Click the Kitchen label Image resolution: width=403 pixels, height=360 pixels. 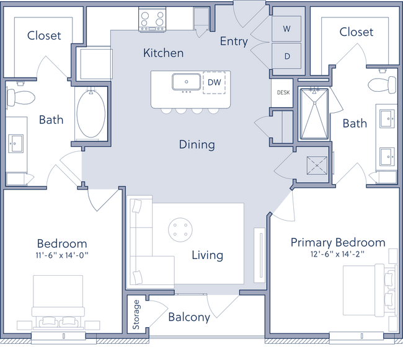[x=163, y=53]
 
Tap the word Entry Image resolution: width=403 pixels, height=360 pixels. [x=234, y=42]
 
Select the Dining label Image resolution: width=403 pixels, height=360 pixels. [x=197, y=144]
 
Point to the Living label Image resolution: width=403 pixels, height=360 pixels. [x=207, y=255]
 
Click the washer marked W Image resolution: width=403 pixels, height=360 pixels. [x=286, y=29]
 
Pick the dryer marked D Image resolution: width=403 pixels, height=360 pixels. [x=286, y=56]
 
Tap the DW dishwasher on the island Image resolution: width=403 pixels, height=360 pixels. [x=214, y=82]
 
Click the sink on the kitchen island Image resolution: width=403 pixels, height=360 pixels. [x=186, y=82]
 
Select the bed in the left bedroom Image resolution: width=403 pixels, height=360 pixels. [x=57, y=301]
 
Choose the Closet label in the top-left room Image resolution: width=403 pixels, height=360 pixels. [x=44, y=35]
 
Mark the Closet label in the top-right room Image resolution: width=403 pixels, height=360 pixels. [x=356, y=31]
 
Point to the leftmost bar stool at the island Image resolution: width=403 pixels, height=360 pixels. [x=166, y=112]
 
